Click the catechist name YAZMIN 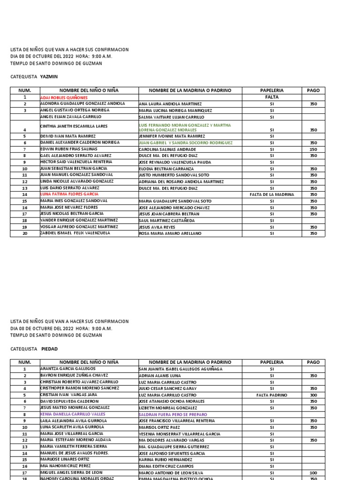click(x=49, y=76)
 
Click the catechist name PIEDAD click(x=49, y=349)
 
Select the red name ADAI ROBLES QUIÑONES click(x=64, y=97)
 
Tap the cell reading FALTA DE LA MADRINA click(x=272, y=195)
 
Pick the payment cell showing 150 click(x=313, y=149)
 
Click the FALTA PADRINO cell click(x=272, y=395)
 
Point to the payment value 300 click(x=313, y=395)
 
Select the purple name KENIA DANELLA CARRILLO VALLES click(x=73, y=414)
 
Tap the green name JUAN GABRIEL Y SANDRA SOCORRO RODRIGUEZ click(x=186, y=143)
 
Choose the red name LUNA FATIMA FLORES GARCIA click(x=69, y=194)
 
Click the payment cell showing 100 click(x=313, y=473)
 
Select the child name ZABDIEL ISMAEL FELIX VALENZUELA click(x=75, y=233)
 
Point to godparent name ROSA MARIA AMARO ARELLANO click(x=170, y=233)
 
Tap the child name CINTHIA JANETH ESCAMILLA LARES click(x=74, y=126)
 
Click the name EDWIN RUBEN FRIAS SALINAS click(x=69, y=149)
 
